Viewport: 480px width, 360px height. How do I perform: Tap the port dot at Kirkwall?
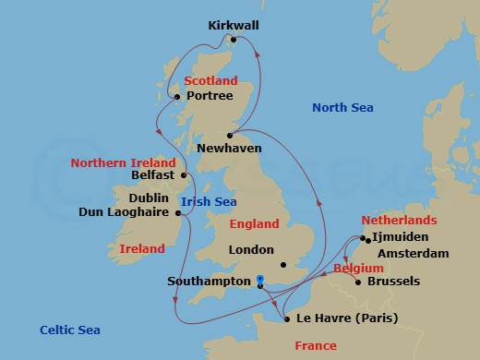click(234, 40)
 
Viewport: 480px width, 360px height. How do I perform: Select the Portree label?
click(209, 94)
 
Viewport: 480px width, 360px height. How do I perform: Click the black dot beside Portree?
click(179, 94)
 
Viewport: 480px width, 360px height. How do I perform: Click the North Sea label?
click(342, 108)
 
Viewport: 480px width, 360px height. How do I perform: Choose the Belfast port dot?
click(185, 174)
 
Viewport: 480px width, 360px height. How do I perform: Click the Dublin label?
click(147, 197)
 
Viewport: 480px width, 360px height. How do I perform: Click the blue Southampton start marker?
click(260, 280)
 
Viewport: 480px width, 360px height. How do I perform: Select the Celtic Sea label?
click(70, 330)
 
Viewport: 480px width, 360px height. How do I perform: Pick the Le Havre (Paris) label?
click(347, 318)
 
